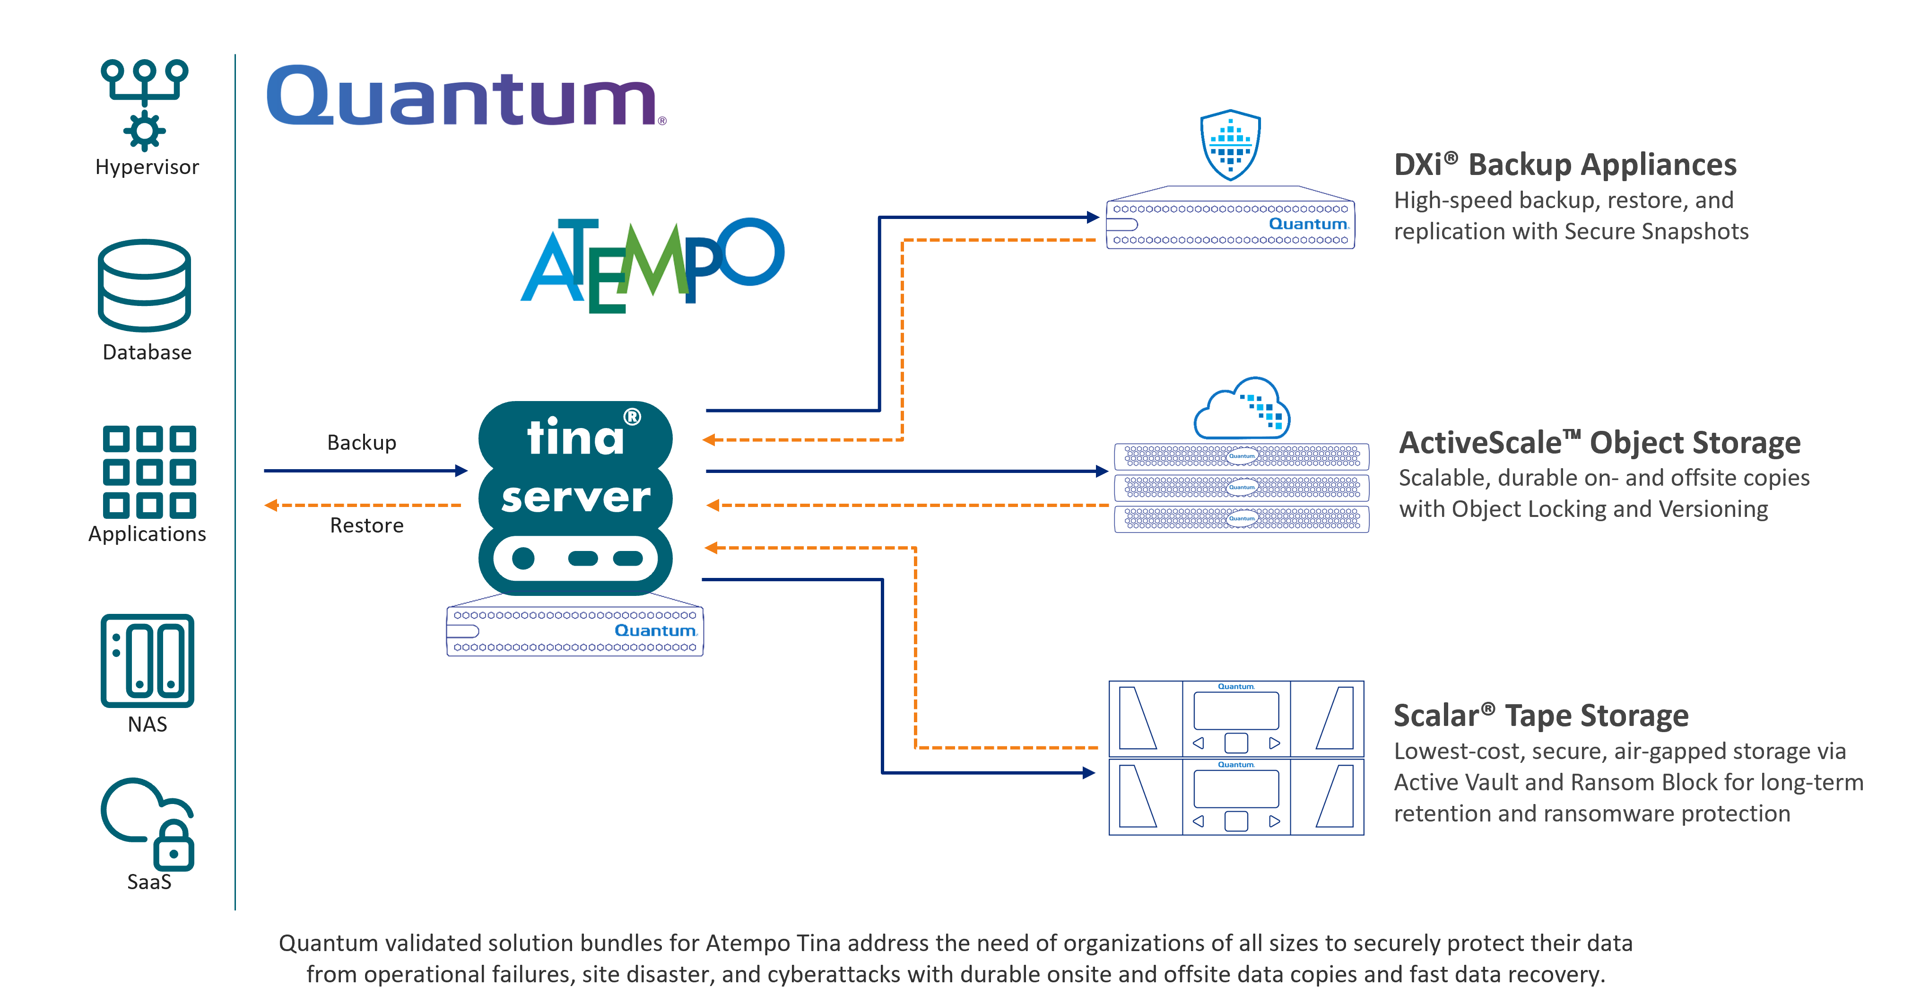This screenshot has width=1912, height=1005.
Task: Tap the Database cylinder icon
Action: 144,285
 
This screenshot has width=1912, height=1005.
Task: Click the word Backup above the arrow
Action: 362,442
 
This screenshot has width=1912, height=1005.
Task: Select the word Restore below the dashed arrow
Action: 367,525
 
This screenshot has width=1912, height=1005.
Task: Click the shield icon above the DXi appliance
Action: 1230,145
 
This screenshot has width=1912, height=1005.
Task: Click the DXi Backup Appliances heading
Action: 1564,165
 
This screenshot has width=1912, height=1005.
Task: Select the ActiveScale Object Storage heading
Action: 1599,442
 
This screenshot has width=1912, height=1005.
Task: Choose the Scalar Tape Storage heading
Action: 1541,716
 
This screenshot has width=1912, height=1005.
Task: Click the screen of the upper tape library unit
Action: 1236,710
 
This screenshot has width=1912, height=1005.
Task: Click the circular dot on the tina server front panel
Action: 523,558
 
